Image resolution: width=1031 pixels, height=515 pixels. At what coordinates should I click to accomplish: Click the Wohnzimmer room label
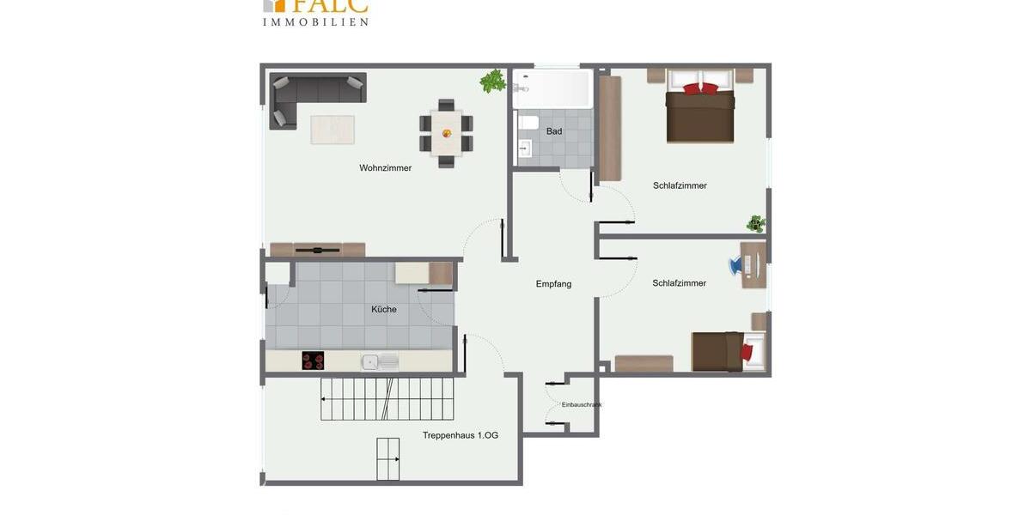[385, 168]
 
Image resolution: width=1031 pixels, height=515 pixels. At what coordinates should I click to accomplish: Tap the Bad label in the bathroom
[554, 131]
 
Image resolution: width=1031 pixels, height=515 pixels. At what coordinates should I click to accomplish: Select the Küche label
[384, 309]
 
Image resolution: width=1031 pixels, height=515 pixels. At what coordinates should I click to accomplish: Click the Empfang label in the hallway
[553, 284]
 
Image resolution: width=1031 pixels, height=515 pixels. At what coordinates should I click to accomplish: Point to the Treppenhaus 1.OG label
[460, 435]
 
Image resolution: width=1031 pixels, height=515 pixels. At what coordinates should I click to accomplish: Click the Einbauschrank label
[582, 404]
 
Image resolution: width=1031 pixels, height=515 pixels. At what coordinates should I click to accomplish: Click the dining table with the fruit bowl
[446, 134]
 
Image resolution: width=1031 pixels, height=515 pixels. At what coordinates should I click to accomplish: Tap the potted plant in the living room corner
[493, 81]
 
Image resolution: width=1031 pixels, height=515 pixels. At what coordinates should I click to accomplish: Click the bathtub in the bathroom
[552, 88]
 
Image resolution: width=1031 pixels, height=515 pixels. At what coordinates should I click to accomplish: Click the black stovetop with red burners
[313, 361]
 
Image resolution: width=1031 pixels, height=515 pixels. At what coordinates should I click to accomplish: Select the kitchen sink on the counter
[380, 361]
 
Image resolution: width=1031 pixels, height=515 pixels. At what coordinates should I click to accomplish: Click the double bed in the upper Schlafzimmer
[700, 109]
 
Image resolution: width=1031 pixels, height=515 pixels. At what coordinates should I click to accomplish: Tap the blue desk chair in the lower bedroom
[736, 266]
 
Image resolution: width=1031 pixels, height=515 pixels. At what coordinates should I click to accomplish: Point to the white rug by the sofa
[332, 130]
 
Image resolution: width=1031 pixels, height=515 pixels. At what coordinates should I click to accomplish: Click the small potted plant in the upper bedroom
[755, 224]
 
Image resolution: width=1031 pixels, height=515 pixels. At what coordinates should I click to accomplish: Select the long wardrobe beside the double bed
[610, 129]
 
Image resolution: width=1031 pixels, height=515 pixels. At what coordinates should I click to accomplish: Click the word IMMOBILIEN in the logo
[315, 21]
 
